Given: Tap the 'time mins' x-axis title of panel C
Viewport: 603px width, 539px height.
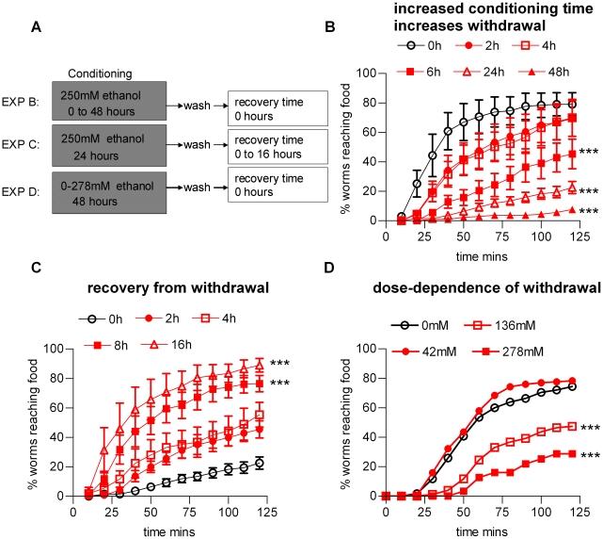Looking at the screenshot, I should pos(166,531).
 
